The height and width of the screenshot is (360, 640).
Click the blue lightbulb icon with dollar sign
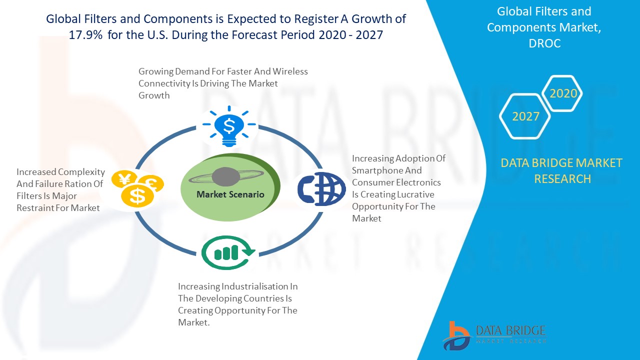point(229,126)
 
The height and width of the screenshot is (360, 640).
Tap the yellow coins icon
point(137,188)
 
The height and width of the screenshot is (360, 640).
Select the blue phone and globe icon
point(321,189)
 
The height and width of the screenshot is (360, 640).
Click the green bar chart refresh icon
point(227,252)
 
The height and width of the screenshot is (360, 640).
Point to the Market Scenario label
point(230,194)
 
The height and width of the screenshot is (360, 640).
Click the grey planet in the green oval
point(225,176)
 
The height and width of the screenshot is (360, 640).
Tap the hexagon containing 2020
point(562,93)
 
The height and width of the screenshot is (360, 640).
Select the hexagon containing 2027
point(525,116)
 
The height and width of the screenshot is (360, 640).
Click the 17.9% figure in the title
point(85,35)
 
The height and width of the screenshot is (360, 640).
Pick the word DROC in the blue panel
point(544,43)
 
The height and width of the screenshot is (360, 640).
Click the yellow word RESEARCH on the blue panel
point(562,179)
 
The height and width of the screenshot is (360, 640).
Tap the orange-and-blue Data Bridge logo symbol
point(456,336)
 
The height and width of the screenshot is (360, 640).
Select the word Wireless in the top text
point(290,71)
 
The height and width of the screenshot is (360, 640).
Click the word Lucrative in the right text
point(415,194)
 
